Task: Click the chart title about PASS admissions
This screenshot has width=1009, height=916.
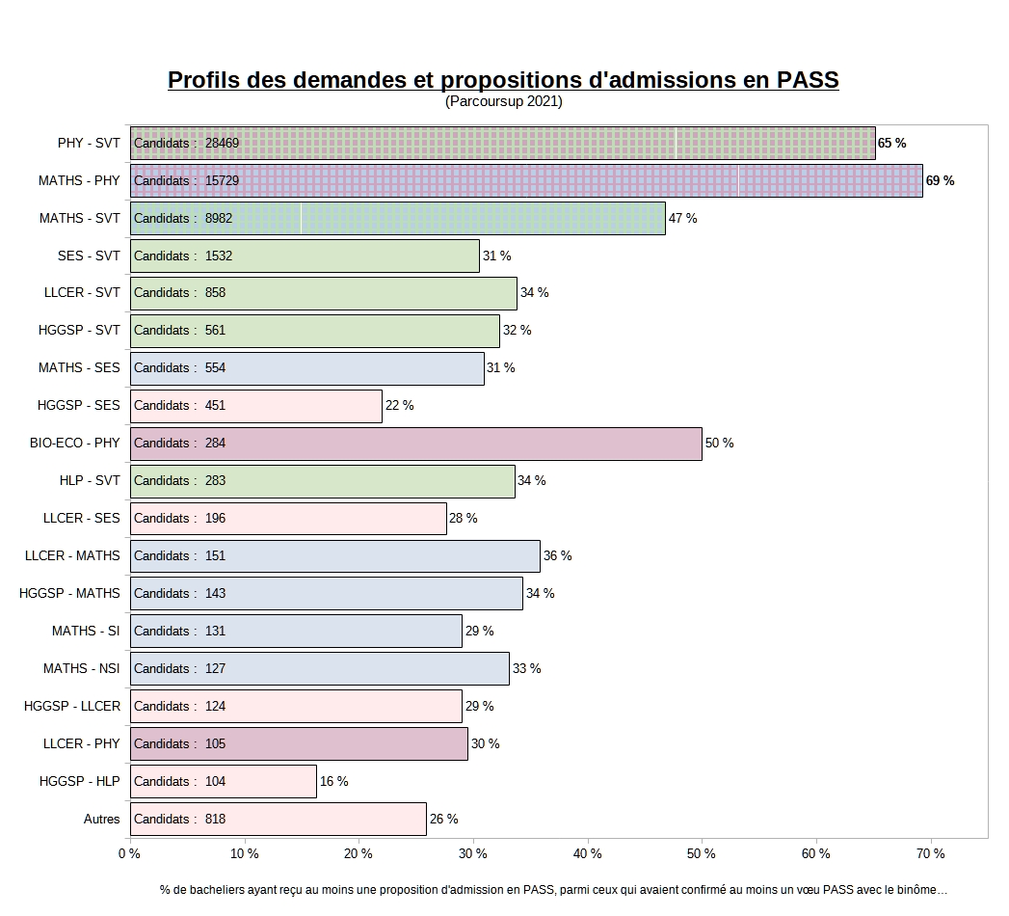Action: point(503,80)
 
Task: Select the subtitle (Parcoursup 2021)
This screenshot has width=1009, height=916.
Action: point(503,101)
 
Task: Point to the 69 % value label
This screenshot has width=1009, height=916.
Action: point(940,181)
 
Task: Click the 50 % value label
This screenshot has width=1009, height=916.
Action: point(719,444)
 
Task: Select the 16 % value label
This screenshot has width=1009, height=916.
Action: point(333,782)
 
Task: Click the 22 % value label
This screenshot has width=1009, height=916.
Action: point(399,406)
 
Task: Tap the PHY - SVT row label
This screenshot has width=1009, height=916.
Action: point(89,144)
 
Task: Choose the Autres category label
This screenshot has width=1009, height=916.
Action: point(101,820)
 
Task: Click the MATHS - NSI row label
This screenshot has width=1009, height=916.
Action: point(82,669)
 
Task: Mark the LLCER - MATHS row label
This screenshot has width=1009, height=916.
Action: point(73,556)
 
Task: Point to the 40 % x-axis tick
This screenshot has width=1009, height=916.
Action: point(588,854)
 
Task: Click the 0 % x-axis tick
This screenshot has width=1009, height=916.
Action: point(129,854)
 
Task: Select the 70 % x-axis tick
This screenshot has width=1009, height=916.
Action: point(930,854)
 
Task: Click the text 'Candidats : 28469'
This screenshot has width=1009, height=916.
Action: point(186,144)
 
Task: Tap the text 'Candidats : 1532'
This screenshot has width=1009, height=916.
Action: point(183,256)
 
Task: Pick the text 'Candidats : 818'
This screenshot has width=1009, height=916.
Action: point(179,820)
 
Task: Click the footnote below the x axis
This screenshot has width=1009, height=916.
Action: point(553,891)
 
